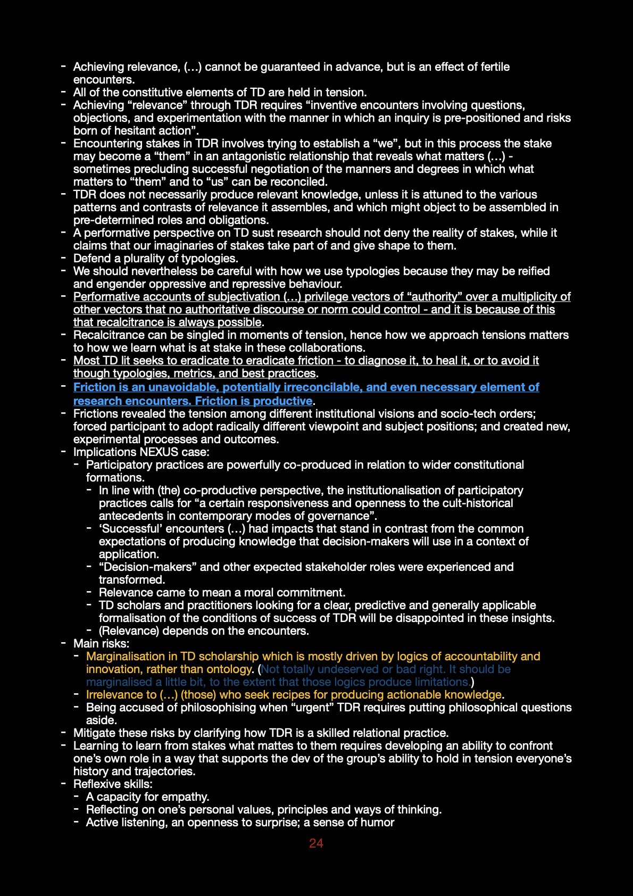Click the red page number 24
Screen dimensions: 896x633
pyautogui.click(x=316, y=843)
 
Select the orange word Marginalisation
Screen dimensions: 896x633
pyautogui.click(x=126, y=657)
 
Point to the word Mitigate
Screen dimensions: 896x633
pyautogui.click(x=95, y=733)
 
